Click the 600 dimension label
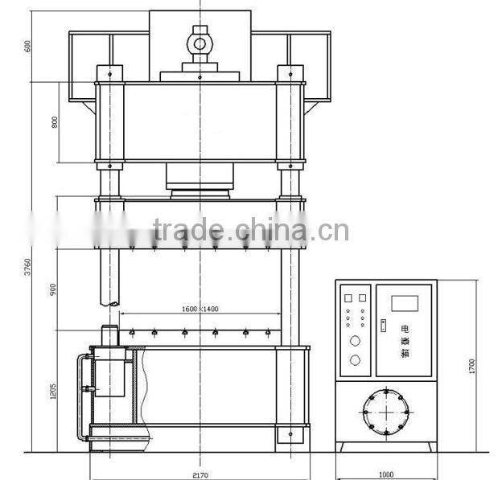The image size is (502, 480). click(x=28, y=46)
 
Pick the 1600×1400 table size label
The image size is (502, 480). click(x=199, y=309)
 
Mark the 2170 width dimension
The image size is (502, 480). click(x=200, y=474)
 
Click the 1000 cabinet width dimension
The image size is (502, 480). click(x=385, y=474)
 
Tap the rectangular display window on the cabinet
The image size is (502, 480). click(x=405, y=303)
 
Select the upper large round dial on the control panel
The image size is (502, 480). click(x=355, y=341)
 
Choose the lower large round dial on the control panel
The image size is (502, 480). click(x=355, y=361)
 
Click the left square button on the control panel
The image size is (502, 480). click(x=348, y=298)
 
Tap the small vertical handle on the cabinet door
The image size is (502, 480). click(x=384, y=326)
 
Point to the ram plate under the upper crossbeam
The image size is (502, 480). click(x=199, y=191)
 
